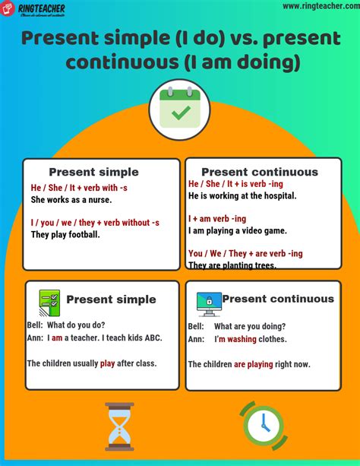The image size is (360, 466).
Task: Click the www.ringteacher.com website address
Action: tap(318, 6)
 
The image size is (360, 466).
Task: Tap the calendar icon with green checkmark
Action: tap(180, 107)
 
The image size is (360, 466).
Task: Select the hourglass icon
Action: tap(120, 426)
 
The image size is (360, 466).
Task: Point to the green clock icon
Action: tap(263, 424)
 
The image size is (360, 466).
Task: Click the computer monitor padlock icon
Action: tap(209, 303)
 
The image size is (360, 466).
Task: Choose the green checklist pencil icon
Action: tap(49, 302)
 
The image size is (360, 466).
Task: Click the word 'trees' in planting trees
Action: tap(262, 265)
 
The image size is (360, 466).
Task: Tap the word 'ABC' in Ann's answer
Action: tap(150, 338)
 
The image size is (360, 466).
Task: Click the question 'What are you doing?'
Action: tap(249, 325)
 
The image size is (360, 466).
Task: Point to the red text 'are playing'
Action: tap(253, 364)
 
